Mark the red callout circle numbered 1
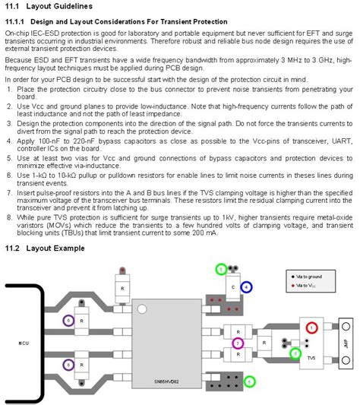(x=311, y=327)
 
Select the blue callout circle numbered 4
(x=246, y=287)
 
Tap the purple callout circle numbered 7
(x=238, y=343)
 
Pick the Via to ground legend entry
(x=312, y=277)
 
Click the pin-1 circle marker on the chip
(x=141, y=309)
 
